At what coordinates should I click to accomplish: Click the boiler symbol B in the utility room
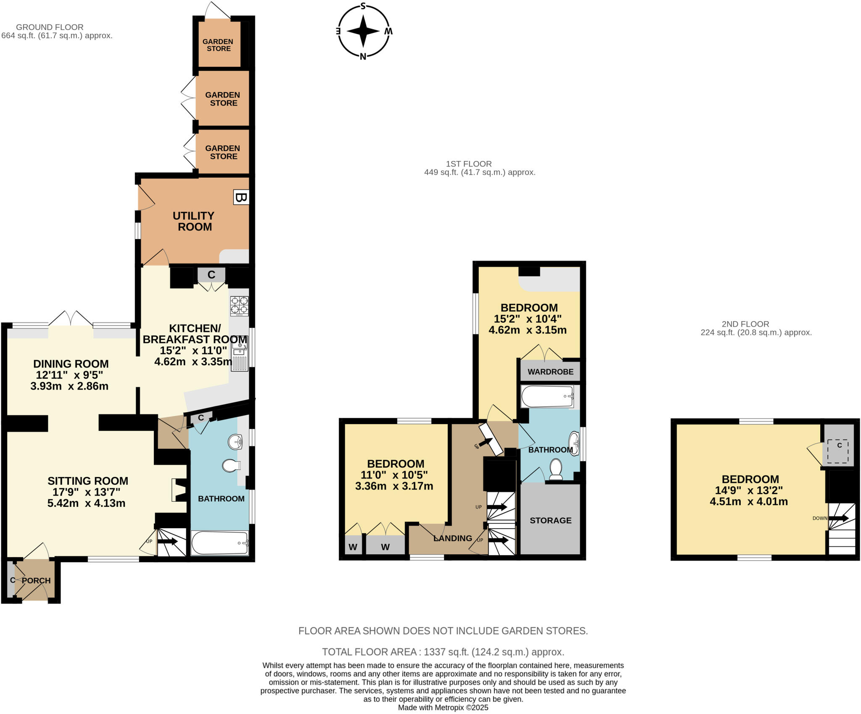click(241, 198)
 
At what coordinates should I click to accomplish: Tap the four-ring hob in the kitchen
click(239, 306)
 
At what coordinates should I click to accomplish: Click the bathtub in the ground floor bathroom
click(220, 543)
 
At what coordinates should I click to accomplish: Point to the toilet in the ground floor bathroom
click(231, 465)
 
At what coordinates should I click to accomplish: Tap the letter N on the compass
click(363, 57)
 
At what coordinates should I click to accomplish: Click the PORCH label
click(36, 580)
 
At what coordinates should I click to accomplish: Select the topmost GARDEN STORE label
click(218, 45)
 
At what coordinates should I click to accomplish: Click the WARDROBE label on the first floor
click(550, 371)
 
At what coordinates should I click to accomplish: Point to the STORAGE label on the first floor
click(550, 520)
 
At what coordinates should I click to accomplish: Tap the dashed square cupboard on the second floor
click(839, 451)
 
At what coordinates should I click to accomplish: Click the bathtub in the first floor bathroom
click(547, 396)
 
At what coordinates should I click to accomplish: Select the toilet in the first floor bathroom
click(556, 469)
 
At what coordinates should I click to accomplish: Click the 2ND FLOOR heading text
click(745, 324)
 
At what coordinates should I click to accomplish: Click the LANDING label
click(452, 538)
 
